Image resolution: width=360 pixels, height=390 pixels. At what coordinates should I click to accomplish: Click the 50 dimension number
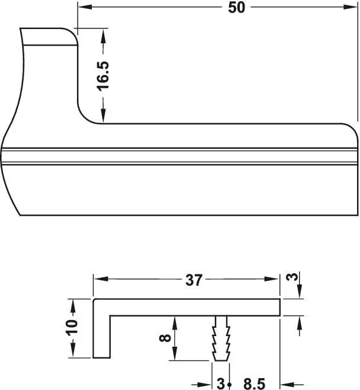pyautogui.click(x=236, y=8)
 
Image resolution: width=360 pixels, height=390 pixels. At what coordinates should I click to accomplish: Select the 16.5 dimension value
pyautogui.click(x=103, y=76)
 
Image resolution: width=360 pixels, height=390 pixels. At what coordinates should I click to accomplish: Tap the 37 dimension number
pyautogui.click(x=194, y=280)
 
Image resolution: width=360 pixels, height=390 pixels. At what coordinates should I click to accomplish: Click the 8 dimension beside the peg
pyautogui.click(x=165, y=338)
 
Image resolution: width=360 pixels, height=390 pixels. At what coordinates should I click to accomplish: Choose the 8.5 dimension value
pyautogui.click(x=254, y=384)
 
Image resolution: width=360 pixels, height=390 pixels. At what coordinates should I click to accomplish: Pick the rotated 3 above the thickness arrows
pyautogui.click(x=292, y=277)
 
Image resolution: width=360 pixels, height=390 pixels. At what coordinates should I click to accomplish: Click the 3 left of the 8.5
pyautogui.click(x=221, y=384)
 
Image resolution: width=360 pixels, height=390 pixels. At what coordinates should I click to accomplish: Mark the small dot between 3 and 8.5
pyautogui.click(x=229, y=385)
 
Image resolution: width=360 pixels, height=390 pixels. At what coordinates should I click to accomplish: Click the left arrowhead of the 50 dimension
pyautogui.click(x=85, y=7)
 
